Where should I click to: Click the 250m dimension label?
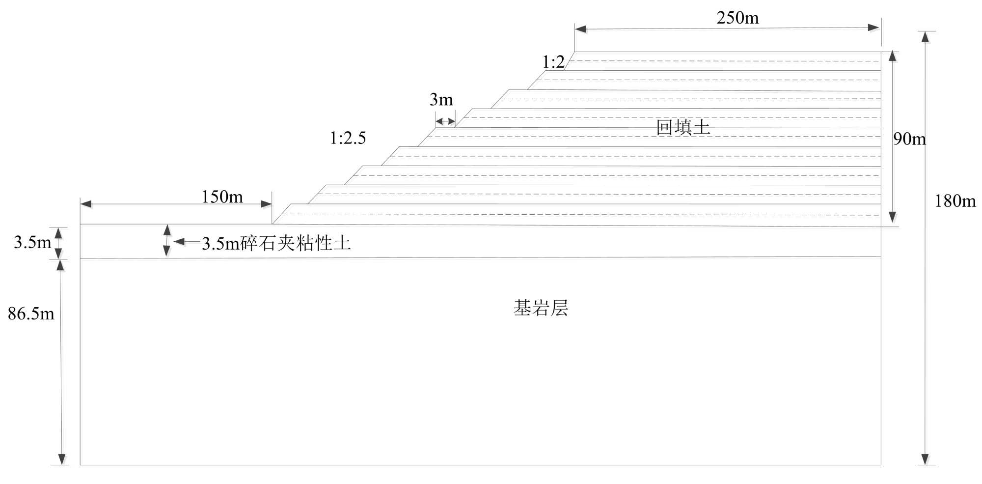[x=737, y=18]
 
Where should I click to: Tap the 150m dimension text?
[x=222, y=197]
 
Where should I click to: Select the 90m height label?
[x=909, y=139]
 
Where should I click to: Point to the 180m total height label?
[x=955, y=201]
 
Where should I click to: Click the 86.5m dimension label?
[x=31, y=313]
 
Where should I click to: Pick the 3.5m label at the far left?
[x=32, y=242]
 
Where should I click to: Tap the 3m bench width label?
[x=441, y=100]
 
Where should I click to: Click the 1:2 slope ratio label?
[x=553, y=62]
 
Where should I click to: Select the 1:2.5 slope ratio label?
[x=348, y=138]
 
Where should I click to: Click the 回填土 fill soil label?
[x=683, y=128]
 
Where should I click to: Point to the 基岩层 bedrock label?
[x=541, y=308]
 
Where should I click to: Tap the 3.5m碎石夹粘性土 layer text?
[x=276, y=243]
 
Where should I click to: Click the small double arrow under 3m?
[x=445, y=121]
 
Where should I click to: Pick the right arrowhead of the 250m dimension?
[x=873, y=28]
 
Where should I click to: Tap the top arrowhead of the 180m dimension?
[x=925, y=37]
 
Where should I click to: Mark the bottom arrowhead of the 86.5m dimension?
[x=62, y=459]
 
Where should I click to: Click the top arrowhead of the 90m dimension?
[x=893, y=56]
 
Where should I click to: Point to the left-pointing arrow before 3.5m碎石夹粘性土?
[x=179, y=241]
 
